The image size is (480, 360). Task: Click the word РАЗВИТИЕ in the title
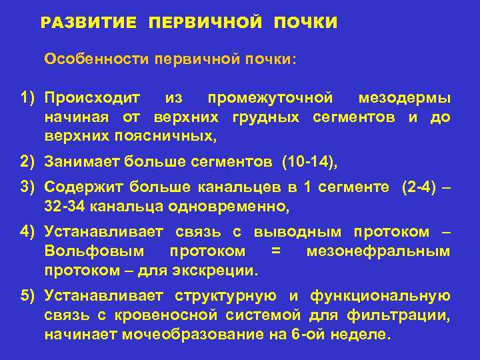(x=89, y=23)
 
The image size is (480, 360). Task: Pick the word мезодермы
(x=404, y=99)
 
